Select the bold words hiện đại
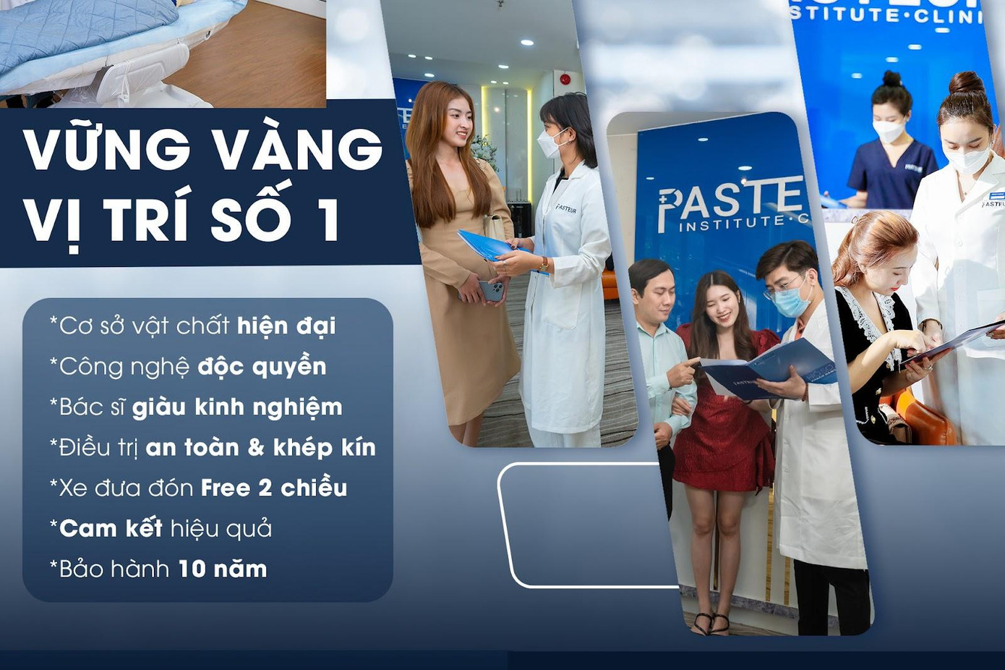286,326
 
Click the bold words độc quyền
262,367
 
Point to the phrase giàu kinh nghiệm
237,407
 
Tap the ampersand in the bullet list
256,448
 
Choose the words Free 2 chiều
273,488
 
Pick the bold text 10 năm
222,569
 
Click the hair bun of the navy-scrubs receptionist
891,77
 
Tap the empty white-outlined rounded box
586,525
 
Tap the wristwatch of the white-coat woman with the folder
542,264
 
